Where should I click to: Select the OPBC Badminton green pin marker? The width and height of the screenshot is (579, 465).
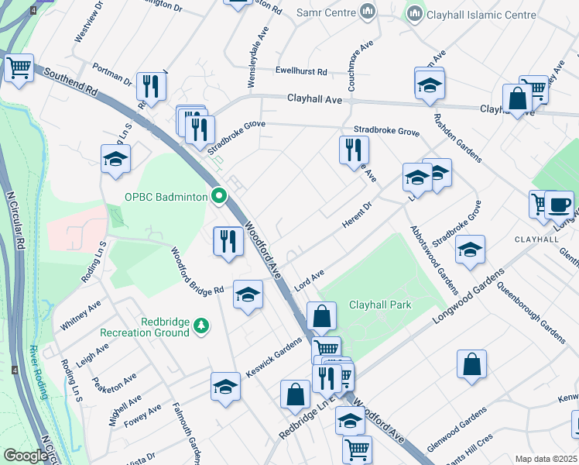click(220, 196)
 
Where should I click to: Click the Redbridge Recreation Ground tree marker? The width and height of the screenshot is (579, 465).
click(201, 324)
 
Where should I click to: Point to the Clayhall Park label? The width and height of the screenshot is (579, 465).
click(379, 305)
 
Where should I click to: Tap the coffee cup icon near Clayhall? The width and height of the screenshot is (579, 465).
click(559, 205)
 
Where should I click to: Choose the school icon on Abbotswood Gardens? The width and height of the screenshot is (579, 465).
click(470, 250)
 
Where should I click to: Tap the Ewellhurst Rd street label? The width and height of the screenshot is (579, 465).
click(301, 71)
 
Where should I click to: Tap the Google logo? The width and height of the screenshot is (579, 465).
click(26, 456)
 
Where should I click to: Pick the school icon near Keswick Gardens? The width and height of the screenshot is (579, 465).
click(225, 387)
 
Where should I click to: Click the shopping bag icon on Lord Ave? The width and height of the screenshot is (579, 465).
click(321, 317)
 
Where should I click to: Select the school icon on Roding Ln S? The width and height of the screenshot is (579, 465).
click(115, 160)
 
